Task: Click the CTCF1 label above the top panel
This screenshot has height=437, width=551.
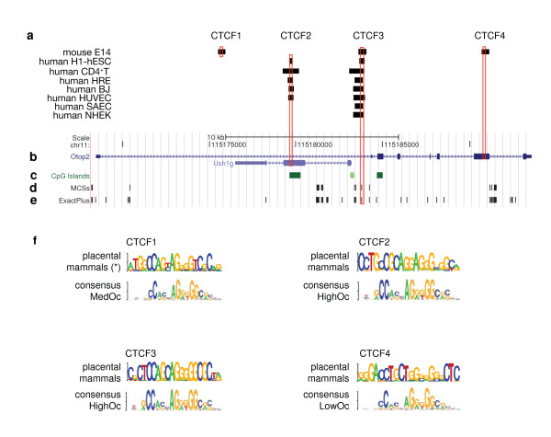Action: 226,36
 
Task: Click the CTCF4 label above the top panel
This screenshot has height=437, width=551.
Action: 489,36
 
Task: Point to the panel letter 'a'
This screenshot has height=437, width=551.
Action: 30,37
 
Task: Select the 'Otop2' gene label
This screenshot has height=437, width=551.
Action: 79,157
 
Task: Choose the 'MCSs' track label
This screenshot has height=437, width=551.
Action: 79,187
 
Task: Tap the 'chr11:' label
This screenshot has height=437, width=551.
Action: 80,144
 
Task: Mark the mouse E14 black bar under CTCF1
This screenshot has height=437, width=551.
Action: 221,52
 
